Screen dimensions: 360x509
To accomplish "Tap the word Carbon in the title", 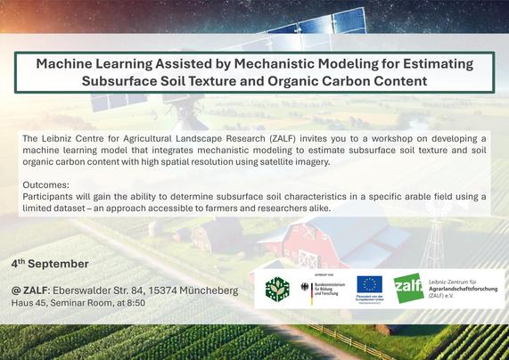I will [x=344, y=80].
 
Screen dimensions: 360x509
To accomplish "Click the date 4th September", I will [x=50, y=264].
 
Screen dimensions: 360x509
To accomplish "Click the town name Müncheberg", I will [x=207, y=290].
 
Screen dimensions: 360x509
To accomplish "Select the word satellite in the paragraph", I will [x=262, y=162].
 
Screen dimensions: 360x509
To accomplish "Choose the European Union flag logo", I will [x=370, y=283].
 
